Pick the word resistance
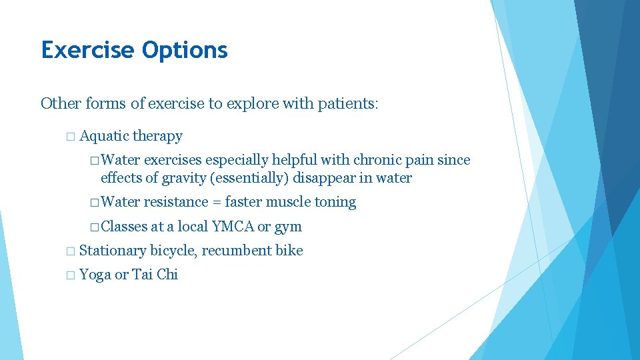[175, 202]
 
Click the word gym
[288, 227]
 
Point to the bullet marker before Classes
[95, 227]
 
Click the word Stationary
[113, 251]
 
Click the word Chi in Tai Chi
[167, 275]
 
